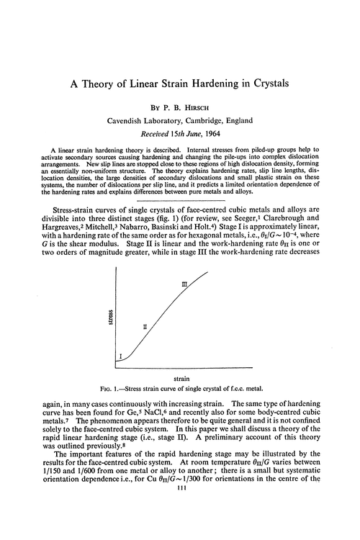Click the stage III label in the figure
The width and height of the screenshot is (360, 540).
coord(184,285)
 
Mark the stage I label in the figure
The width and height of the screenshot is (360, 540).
coord(120,356)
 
